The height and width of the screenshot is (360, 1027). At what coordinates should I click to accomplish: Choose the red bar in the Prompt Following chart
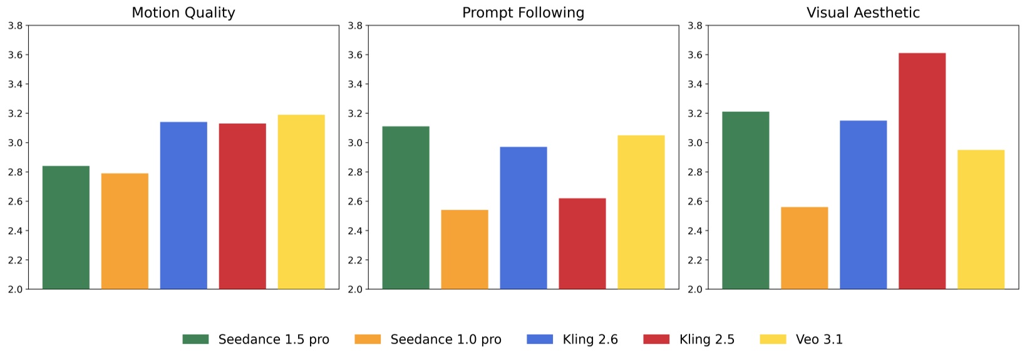(582, 244)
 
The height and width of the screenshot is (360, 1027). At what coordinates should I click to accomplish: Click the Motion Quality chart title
(183, 13)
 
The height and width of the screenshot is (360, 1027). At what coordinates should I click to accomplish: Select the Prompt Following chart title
(523, 13)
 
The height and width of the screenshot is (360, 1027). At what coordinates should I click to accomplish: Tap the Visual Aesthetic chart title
(863, 13)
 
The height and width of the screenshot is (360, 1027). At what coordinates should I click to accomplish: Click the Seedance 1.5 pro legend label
(274, 339)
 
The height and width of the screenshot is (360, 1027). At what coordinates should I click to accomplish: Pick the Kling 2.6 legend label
(590, 339)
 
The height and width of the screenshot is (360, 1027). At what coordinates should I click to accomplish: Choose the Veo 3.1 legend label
(819, 339)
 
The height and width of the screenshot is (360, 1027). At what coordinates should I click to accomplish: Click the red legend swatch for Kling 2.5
(656, 339)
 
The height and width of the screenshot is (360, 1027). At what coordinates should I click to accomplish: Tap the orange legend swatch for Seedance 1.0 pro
(368, 339)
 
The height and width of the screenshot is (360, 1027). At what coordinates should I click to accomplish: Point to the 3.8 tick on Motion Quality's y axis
(15, 26)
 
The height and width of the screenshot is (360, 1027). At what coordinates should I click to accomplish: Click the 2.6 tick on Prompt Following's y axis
(355, 202)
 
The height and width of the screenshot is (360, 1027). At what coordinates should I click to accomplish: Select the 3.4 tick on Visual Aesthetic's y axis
(695, 85)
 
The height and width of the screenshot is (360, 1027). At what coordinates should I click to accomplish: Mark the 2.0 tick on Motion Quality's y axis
(15, 289)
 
